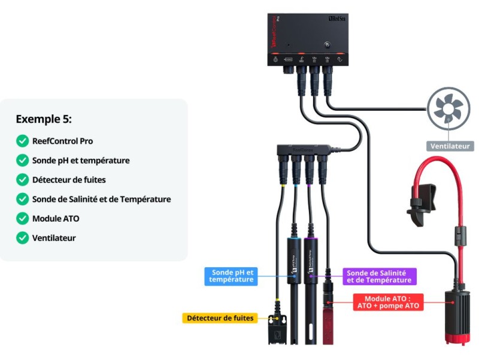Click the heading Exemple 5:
(x=44, y=119)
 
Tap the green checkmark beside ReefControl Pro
(x=22, y=141)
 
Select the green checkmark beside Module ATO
(x=22, y=219)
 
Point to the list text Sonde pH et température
(x=81, y=161)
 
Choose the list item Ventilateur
(x=54, y=238)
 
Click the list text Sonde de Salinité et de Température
(x=101, y=199)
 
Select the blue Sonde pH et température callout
(x=231, y=276)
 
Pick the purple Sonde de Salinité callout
(x=380, y=276)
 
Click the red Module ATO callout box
(x=389, y=302)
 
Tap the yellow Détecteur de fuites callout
(x=220, y=318)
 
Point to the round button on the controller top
(x=326, y=45)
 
